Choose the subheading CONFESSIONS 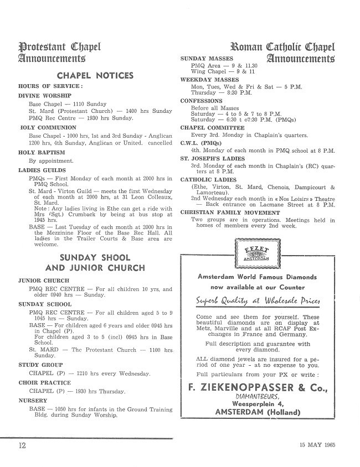[202, 101]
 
